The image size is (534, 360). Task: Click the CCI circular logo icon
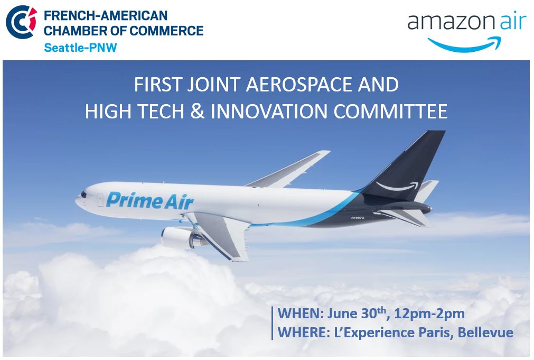(x=21, y=22)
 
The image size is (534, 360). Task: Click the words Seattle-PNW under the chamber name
(x=80, y=48)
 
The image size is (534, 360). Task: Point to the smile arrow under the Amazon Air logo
(x=464, y=44)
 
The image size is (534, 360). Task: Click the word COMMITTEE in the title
(x=390, y=111)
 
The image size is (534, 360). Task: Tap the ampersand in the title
(x=197, y=111)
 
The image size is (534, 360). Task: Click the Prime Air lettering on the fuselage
(x=150, y=200)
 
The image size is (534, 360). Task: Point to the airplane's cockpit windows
(x=83, y=195)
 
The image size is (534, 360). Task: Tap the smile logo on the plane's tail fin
(x=397, y=186)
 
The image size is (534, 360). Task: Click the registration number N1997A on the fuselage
(x=358, y=218)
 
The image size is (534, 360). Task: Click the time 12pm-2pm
(x=429, y=313)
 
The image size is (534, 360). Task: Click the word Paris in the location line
(x=435, y=333)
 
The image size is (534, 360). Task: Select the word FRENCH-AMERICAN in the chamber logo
(x=106, y=16)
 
